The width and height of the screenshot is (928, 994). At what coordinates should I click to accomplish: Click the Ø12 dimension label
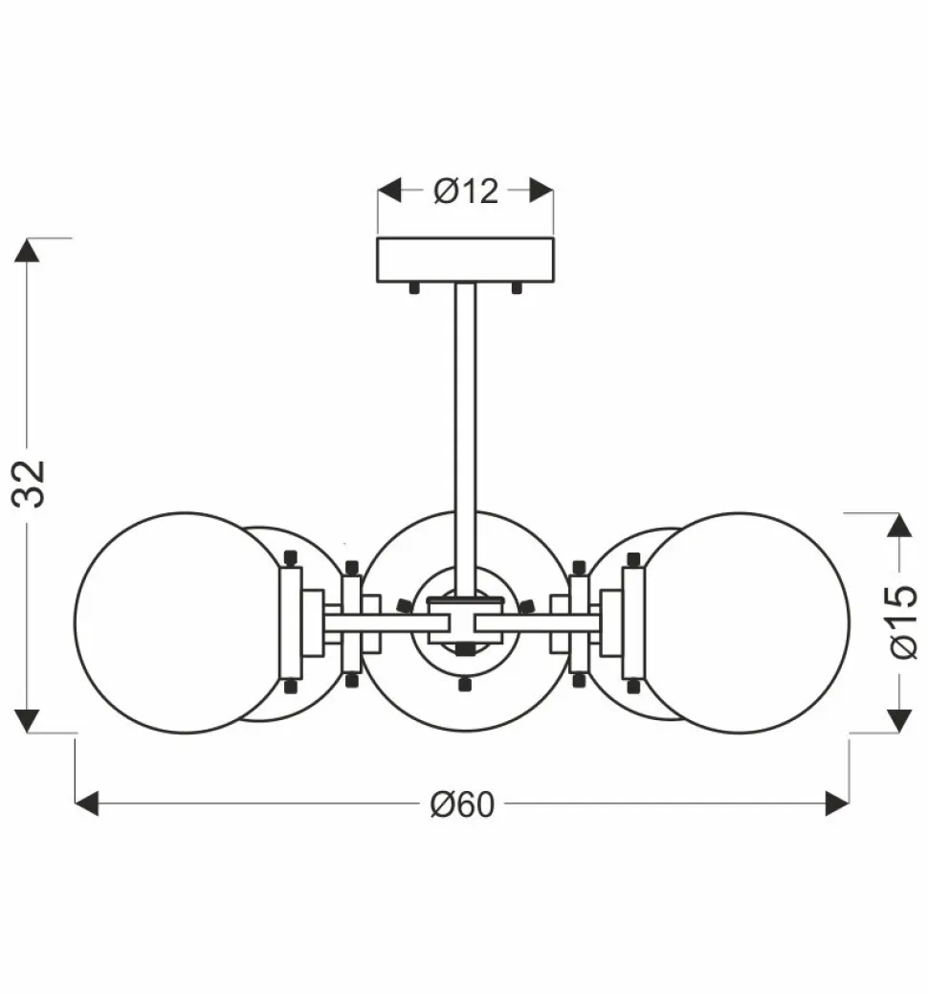click(466, 191)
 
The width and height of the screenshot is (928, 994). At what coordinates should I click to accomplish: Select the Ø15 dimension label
click(901, 622)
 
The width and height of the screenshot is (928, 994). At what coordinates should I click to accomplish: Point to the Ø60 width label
click(462, 804)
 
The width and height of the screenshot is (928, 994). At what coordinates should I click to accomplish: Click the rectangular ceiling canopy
click(465, 260)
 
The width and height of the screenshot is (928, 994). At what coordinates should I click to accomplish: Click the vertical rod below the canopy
click(466, 431)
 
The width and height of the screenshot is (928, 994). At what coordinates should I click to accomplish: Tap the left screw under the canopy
click(414, 287)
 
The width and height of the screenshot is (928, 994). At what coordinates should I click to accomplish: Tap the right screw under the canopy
click(517, 287)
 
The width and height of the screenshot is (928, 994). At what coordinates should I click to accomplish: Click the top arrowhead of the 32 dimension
click(28, 250)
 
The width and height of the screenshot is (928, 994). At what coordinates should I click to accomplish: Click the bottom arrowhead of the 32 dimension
click(28, 720)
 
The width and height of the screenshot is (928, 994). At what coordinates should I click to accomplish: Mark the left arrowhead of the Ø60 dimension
click(87, 803)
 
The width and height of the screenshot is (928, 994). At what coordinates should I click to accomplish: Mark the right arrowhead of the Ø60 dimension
click(837, 803)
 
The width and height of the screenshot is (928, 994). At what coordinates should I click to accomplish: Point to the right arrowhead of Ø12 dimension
click(541, 190)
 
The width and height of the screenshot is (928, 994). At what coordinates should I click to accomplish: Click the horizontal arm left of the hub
click(378, 622)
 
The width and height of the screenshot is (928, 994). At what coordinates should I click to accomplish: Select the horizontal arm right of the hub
click(536, 622)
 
